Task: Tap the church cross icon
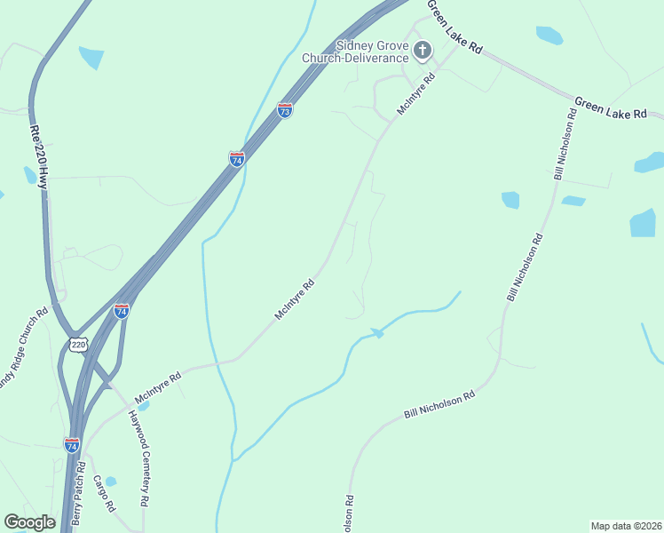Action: tap(423, 51)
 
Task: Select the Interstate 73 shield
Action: tap(284, 110)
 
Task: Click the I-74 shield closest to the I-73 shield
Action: tap(237, 159)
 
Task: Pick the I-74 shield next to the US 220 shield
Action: tap(122, 311)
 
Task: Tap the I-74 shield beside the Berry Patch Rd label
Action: tap(72, 444)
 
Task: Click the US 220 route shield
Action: tap(78, 345)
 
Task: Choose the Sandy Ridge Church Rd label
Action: tap(23, 351)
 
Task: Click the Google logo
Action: tap(29, 522)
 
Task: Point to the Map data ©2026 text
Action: tap(627, 526)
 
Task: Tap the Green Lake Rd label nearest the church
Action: tap(454, 28)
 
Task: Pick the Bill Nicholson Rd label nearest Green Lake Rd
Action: tap(565, 146)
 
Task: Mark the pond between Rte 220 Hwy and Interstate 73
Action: tap(91, 58)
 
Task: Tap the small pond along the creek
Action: tap(377, 332)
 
